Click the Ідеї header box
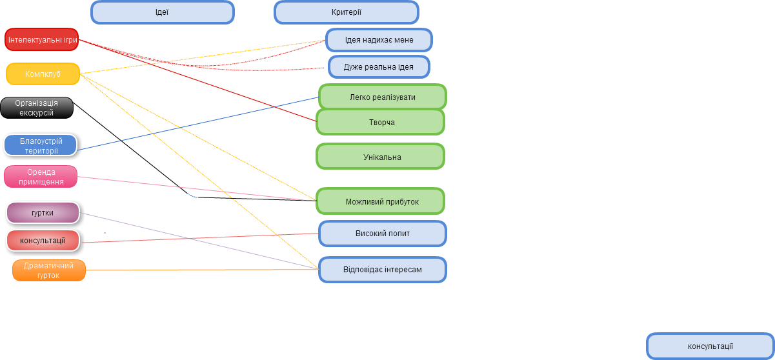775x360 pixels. coord(163,12)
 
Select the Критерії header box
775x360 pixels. coord(347,12)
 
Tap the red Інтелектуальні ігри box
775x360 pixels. coord(42,39)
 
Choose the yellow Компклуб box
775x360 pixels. coord(43,74)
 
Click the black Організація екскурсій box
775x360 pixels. coord(37,108)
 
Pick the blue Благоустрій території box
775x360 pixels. coord(41,145)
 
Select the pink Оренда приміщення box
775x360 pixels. coord(41,177)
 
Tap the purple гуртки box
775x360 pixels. coord(43,213)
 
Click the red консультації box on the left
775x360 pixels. coord(43,241)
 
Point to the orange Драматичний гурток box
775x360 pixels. coord(49,270)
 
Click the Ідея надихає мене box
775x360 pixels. coord(379,40)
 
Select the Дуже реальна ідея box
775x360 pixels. coord(379,66)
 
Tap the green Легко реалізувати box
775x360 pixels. coord(382,97)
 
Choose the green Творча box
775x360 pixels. coord(380,122)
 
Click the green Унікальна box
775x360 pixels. coord(380,157)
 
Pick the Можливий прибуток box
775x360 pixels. coord(380,201)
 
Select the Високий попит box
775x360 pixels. coord(382,234)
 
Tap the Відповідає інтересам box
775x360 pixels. coord(382,270)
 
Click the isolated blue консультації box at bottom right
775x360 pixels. coord(710,346)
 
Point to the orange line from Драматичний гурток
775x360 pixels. coord(202,270)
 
